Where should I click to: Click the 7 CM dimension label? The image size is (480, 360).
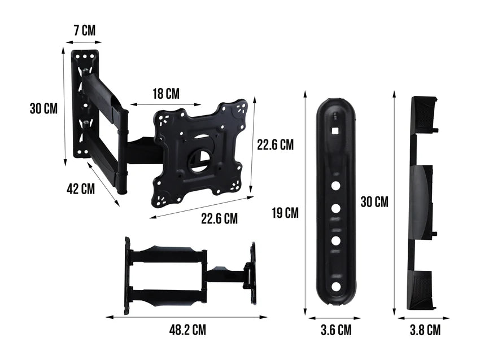tap(84, 30)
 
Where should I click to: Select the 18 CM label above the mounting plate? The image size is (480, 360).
tap(165, 94)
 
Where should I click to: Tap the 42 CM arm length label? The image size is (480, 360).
tap(81, 189)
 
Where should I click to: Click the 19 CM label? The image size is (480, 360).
tap(285, 213)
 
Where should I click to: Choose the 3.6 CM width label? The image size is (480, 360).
tap(335, 330)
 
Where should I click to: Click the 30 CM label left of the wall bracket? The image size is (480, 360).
tap(43, 108)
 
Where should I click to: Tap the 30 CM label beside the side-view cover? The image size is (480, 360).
tap(374, 201)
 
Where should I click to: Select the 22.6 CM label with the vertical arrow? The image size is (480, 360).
tap(275, 145)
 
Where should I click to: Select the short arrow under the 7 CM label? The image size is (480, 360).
tap(84, 42)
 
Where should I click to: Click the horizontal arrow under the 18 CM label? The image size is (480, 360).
tap(165, 104)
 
